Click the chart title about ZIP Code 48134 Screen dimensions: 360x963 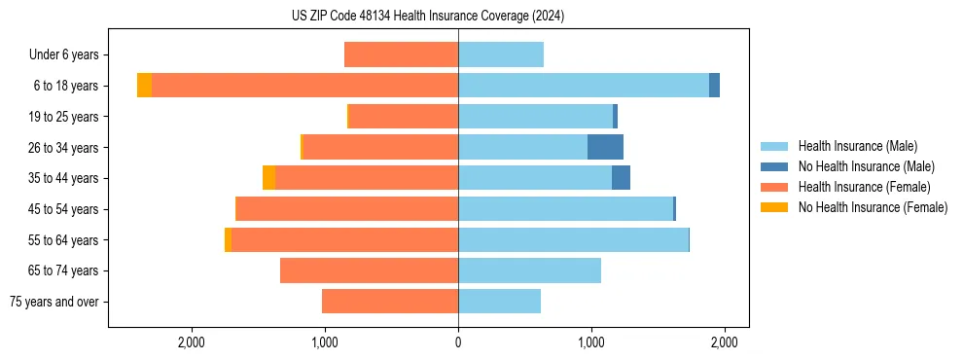tap(427, 16)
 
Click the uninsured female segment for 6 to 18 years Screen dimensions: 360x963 tap(144, 86)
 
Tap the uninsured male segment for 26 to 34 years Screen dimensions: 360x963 tap(605, 147)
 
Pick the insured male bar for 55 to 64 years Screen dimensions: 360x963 tap(573, 239)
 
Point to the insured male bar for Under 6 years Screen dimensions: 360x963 tap(501, 55)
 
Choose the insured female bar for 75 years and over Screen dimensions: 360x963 tap(390, 302)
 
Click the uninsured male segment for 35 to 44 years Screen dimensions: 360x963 tap(621, 178)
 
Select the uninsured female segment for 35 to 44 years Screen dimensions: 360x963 tap(268, 178)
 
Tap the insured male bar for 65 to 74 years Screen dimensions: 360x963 tap(529, 270)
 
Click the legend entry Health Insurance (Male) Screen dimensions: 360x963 tap(857, 146)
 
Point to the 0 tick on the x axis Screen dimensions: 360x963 tap(458, 342)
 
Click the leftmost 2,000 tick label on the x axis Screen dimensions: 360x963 tap(192, 342)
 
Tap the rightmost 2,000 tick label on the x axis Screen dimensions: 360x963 tap(724, 342)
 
